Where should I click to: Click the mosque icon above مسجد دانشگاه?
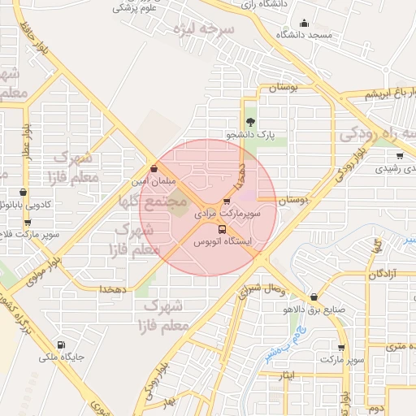coord(304,23)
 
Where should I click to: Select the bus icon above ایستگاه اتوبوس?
coord(223,229)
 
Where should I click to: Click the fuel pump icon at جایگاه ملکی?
coord(61,344)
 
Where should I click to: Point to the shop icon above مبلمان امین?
coord(154,169)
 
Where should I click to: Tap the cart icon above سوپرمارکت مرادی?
coord(227,202)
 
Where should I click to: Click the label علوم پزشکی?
coord(135,8)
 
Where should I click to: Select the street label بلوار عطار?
coord(27,141)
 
